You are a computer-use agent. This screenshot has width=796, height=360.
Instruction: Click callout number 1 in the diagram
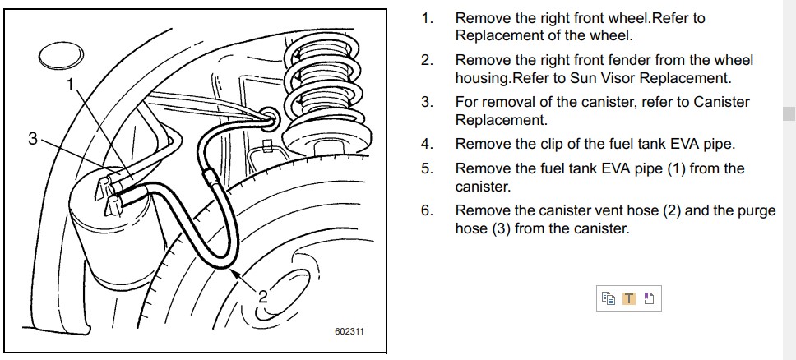click(70, 85)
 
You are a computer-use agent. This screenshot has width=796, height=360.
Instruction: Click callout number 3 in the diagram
click(33, 138)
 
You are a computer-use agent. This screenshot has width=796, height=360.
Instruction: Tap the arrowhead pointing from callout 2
click(234, 274)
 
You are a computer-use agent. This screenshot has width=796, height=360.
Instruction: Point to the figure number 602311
click(349, 331)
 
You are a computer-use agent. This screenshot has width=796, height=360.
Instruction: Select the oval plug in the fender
click(62, 56)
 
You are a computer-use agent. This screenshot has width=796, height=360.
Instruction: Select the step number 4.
click(427, 144)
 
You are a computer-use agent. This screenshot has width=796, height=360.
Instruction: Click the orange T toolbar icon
click(629, 298)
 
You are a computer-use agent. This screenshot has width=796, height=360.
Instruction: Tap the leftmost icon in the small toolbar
click(609, 298)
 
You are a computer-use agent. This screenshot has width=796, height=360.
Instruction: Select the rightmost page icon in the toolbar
click(649, 298)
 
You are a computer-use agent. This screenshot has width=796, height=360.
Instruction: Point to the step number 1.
click(427, 19)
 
